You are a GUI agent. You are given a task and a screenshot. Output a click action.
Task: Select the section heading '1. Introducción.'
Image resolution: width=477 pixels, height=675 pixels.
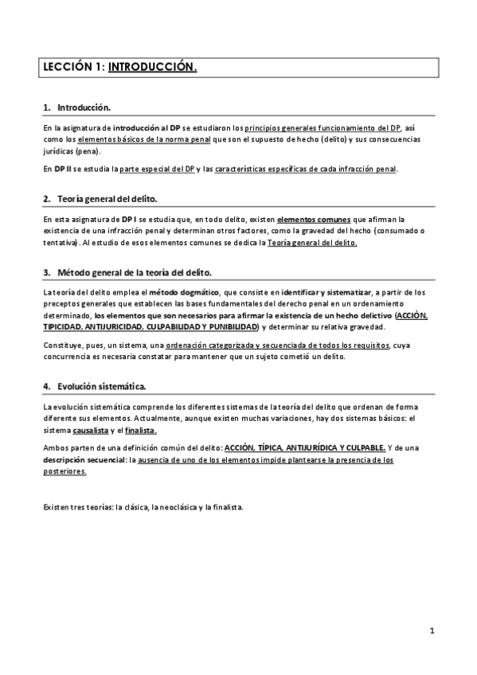pyautogui.click(x=77, y=107)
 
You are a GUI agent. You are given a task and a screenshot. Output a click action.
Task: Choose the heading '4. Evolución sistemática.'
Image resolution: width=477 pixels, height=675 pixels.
pyautogui.click(x=94, y=386)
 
